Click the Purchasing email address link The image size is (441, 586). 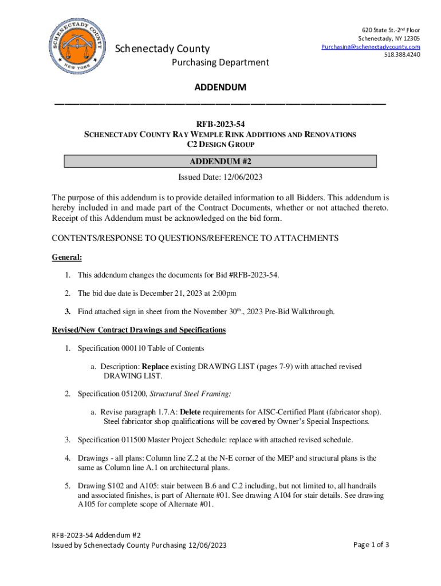tap(371, 46)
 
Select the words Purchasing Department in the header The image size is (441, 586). tap(220, 62)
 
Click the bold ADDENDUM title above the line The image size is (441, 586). tap(220, 88)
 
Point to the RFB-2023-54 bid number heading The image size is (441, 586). tap(220, 123)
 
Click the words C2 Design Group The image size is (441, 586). tap(220, 145)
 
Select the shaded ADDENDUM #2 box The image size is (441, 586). tap(220, 161)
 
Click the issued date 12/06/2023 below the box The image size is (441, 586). tap(242, 177)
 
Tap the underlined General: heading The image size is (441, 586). tap(67, 258)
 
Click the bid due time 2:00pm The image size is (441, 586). tap(223, 294)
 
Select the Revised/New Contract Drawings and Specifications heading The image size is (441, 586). tap(139, 330)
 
